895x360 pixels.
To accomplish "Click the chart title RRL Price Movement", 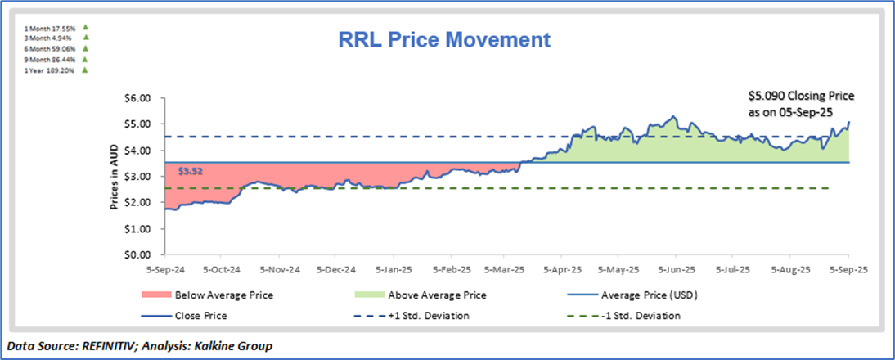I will (x=445, y=40).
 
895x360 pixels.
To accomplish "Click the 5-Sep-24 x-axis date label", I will (x=164, y=268).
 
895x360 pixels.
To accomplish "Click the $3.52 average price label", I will (x=189, y=173).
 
